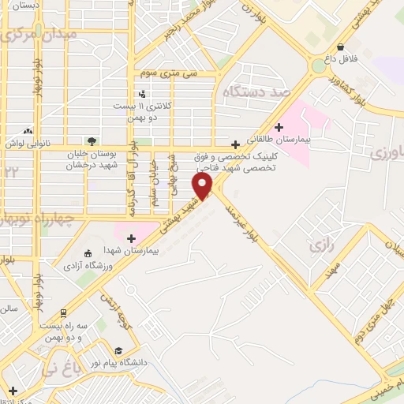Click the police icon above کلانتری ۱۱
(142, 94)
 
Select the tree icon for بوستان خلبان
(92, 142)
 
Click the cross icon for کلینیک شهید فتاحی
(234, 144)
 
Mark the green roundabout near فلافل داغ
(317, 66)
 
